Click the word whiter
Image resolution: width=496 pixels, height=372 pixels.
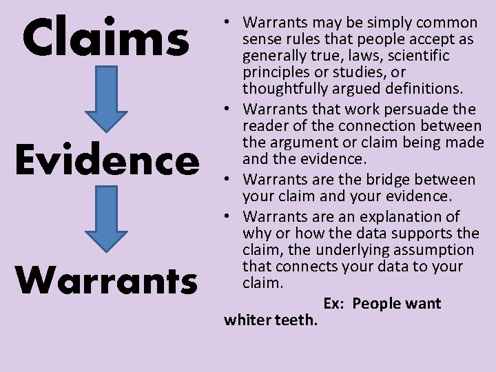click(x=250, y=320)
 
